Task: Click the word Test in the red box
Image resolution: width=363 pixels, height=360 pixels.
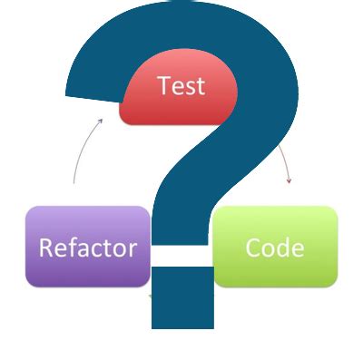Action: point(181,86)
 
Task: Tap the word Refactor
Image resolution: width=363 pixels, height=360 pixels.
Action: point(87,248)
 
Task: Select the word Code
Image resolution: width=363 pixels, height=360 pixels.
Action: point(274,248)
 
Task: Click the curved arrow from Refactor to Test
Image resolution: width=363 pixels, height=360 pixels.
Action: point(80,150)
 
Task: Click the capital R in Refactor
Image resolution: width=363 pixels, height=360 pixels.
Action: point(45,248)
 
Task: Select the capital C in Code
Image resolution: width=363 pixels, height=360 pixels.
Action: point(253,248)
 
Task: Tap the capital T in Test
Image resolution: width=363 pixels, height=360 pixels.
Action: point(162,86)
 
